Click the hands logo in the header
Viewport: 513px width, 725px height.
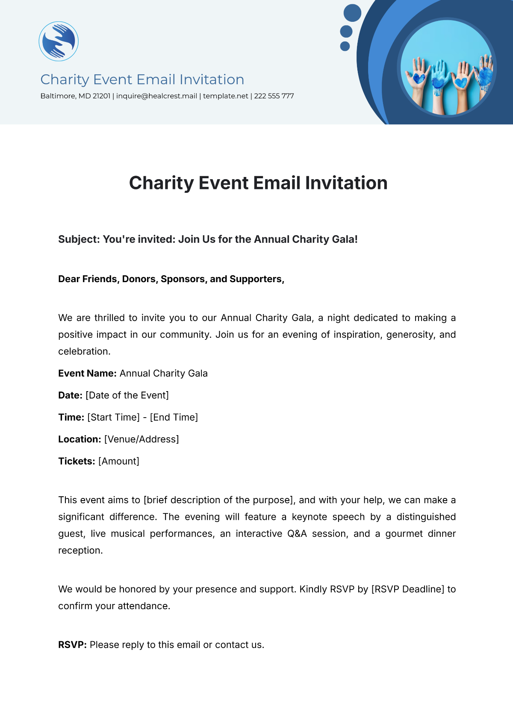click(x=59, y=41)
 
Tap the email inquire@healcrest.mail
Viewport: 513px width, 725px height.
click(x=156, y=96)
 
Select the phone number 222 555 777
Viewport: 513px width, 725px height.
click(x=274, y=96)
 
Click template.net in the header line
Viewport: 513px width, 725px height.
click(x=225, y=96)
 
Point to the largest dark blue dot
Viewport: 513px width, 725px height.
click(x=352, y=13)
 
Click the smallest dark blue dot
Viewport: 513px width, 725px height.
click(x=345, y=46)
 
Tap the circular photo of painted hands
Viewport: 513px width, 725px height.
click(x=447, y=68)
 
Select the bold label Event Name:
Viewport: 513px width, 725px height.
click(x=87, y=374)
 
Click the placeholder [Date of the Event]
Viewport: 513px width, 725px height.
click(x=127, y=395)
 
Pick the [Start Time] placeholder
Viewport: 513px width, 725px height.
click(x=113, y=418)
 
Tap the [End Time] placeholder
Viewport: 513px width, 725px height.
click(x=174, y=418)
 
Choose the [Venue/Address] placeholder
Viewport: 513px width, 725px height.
click(x=142, y=439)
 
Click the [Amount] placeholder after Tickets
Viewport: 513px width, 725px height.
click(x=119, y=462)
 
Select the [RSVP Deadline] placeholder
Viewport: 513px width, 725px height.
click(x=408, y=589)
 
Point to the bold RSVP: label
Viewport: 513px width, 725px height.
click(x=72, y=645)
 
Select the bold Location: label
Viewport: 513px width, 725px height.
click(x=80, y=439)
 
